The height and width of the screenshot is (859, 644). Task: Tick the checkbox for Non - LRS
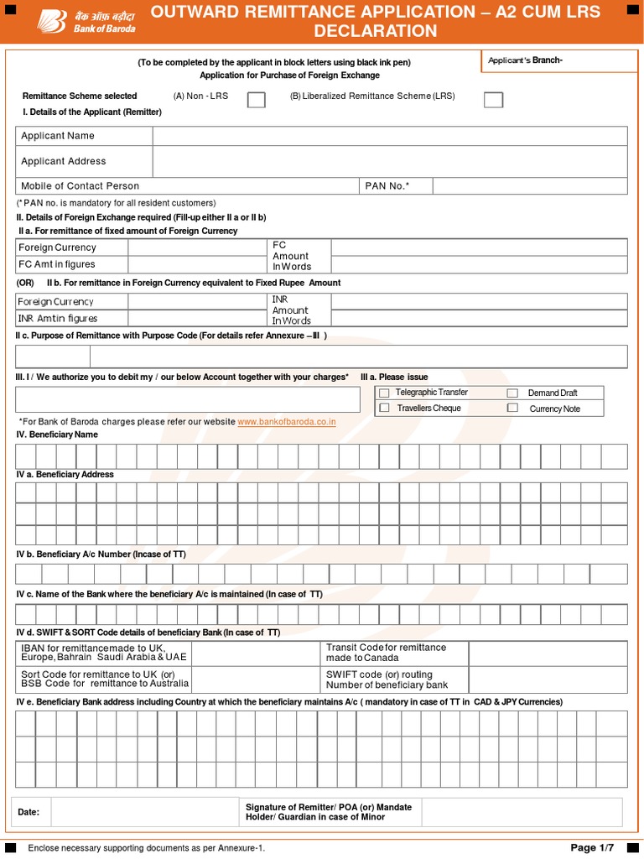pyautogui.click(x=257, y=100)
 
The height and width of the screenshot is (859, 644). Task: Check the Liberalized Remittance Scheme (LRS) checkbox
pyautogui.click(x=494, y=100)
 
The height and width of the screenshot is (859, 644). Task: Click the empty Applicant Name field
pyautogui.click(x=389, y=136)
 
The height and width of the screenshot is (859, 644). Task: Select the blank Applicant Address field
pyautogui.click(x=389, y=161)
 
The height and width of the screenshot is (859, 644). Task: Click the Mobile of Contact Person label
pyautogui.click(x=80, y=186)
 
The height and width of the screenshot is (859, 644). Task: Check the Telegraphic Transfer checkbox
pyautogui.click(x=384, y=393)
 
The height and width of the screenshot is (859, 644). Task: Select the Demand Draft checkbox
pyautogui.click(x=512, y=393)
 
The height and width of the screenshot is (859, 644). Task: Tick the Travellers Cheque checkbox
pyautogui.click(x=384, y=408)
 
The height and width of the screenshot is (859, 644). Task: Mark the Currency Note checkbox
pyautogui.click(x=512, y=408)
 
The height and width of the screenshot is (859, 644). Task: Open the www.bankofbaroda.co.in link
pyautogui.click(x=287, y=422)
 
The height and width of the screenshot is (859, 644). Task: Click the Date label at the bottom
pyautogui.click(x=29, y=812)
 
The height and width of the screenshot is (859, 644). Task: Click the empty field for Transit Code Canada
pyautogui.click(x=547, y=653)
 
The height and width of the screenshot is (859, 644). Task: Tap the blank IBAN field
pyautogui.click(x=257, y=653)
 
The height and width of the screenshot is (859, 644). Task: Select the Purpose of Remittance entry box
pyautogui.click(x=322, y=357)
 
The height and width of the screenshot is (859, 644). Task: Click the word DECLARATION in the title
pyautogui.click(x=375, y=32)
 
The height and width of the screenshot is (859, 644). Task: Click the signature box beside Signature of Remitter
pyautogui.click(x=522, y=812)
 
